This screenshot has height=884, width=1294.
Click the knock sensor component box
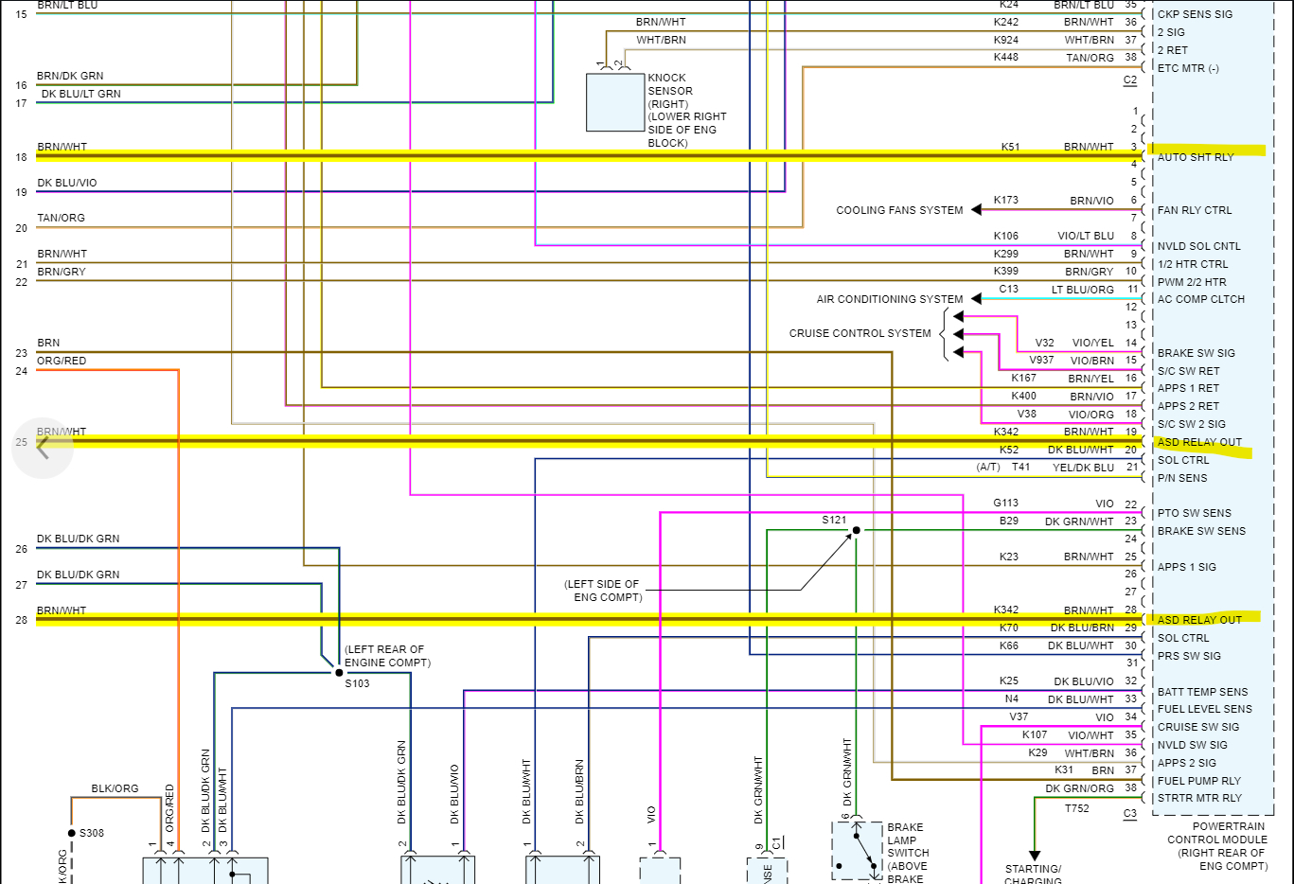pyautogui.click(x=615, y=102)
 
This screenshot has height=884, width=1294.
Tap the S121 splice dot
pyautogui.click(x=857, y=531)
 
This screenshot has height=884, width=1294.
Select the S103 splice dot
pyautogui.click(x=339, y=673)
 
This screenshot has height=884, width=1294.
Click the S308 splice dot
pyautogui.click(x=72, y=833)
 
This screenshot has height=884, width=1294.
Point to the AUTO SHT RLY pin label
pyautogui.click(x=1196, y=157)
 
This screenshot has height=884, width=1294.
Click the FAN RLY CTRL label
pyautogui.click(x=1195, y=210)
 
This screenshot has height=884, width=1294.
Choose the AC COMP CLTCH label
pyautogui.click(x=1201, y=299)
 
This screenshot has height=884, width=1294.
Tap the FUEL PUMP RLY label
pyautogui.click(x=1199, y=781)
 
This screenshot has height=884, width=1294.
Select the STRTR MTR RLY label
pyautogui.click(x=1199, y=798)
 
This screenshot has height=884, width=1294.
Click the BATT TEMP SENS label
pyautogui.click(x=1202, y=692)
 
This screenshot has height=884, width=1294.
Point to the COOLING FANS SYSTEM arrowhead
pyautogui.click(x=976, y=210)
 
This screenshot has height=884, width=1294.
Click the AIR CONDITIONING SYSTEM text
pyautogui.click(x=890, y=299)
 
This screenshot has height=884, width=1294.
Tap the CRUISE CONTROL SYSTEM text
pyautogui.click(x=860, y=333)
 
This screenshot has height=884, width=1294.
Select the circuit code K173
pyautogui.click(x=1006, y=200)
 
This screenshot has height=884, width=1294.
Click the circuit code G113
pyautogui.click(x=1006, y=503)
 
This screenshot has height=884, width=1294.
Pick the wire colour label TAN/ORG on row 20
pyautogui.click(x=62, y=218)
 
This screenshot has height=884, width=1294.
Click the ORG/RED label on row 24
pyautogui.click(x=62, y=361)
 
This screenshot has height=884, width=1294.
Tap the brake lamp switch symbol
pyautogui.click(x=857, y=849)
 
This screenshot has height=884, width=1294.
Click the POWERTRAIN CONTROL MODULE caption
pyautogui.click(x=1216, y=840)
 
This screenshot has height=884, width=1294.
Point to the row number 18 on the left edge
pyautogui.click(x=21, y=157)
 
